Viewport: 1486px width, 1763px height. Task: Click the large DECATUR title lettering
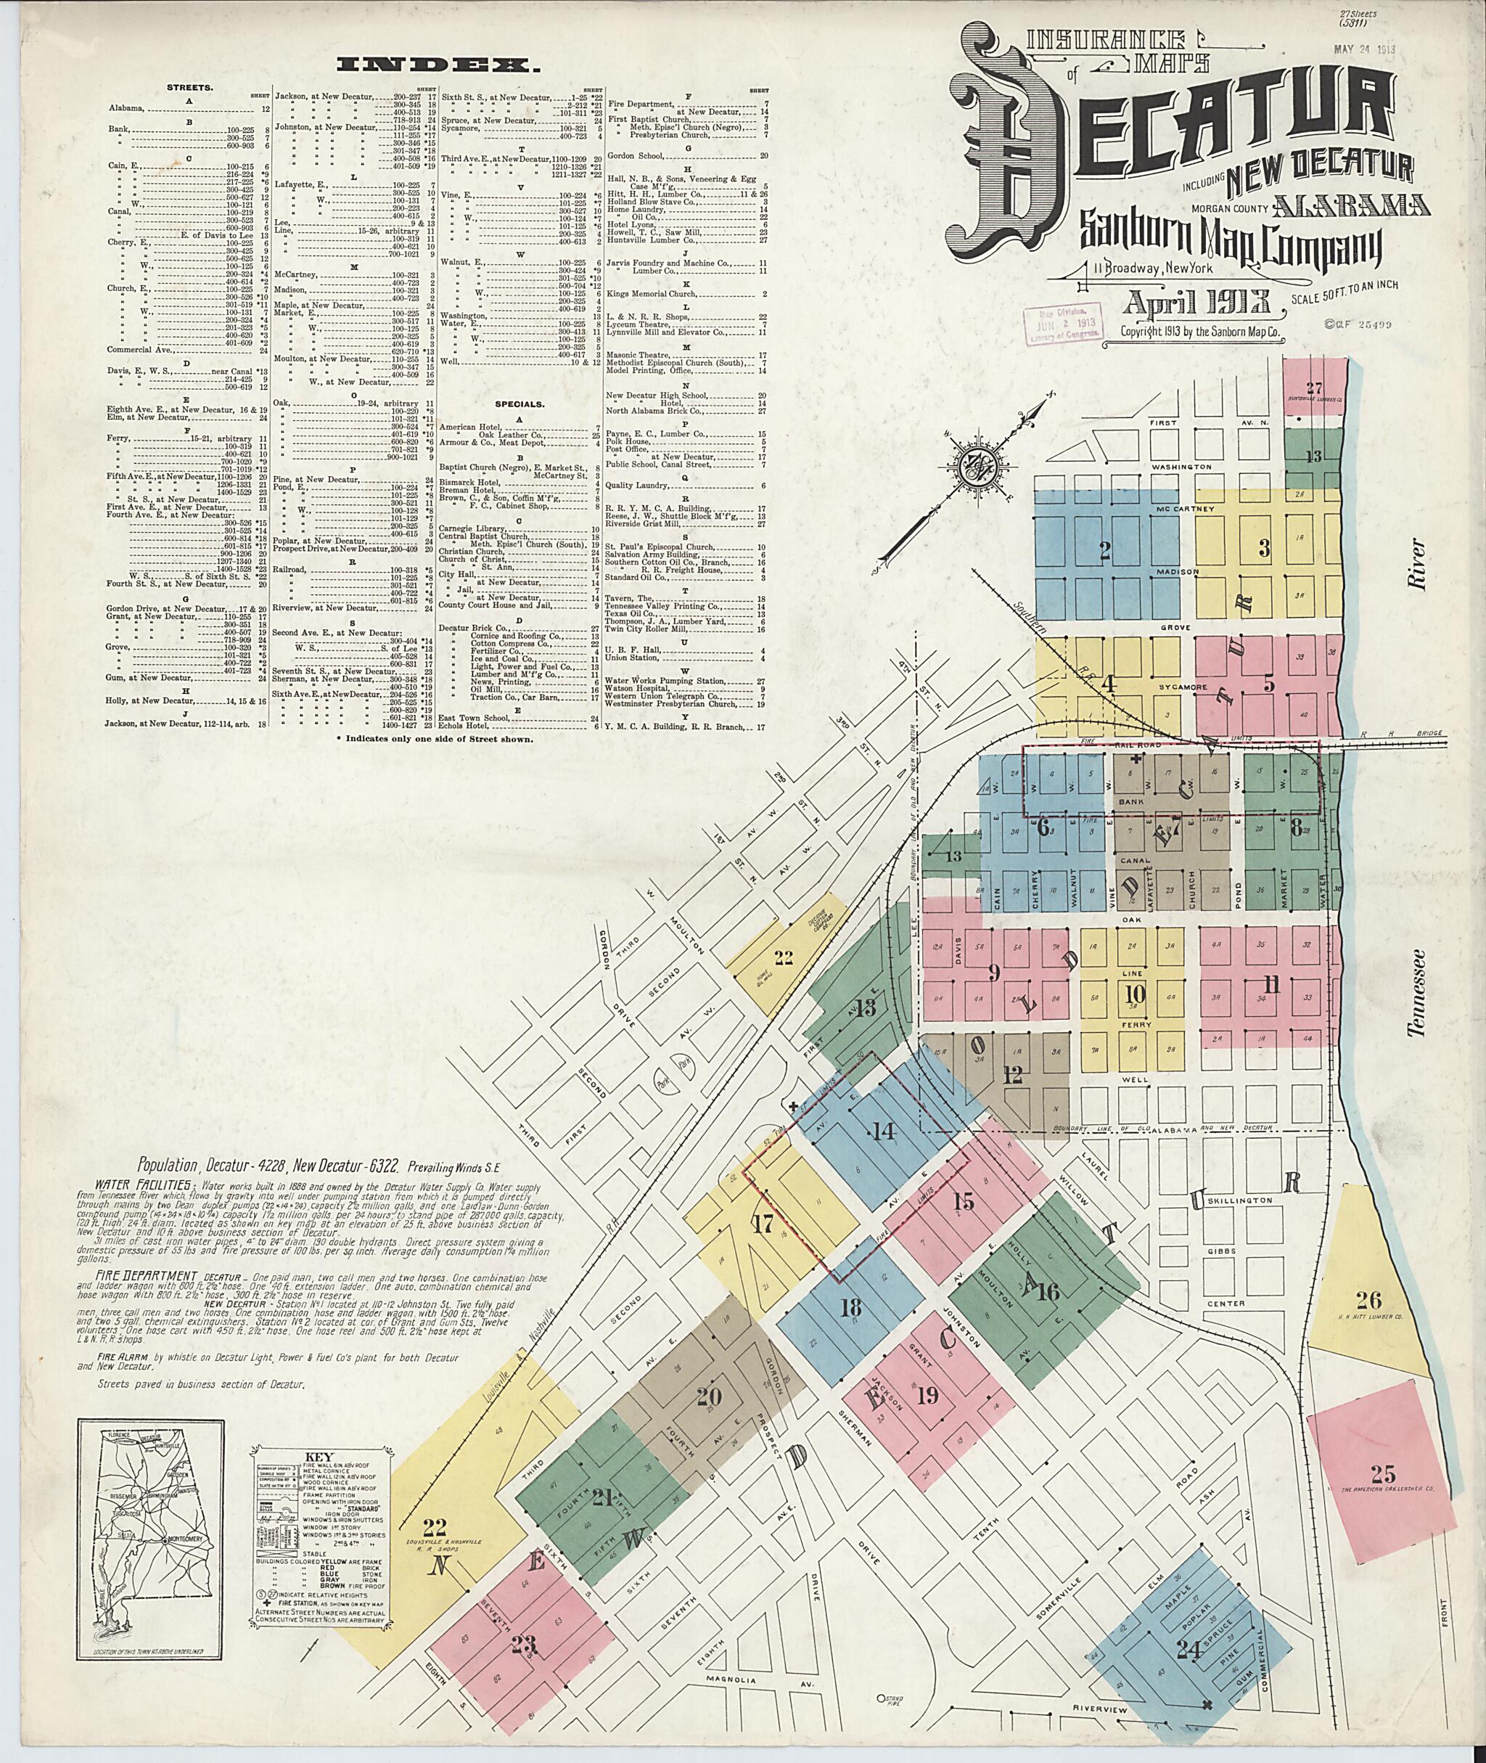[1179, 126]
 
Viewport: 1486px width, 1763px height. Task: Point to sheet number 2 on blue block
[1105, 551]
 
